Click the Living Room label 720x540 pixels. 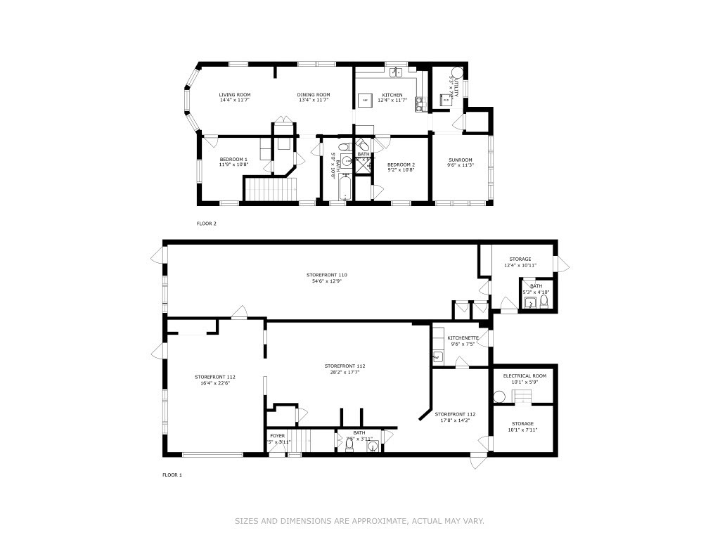[234, 95]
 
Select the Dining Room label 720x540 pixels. [313, 95]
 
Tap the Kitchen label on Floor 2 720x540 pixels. [392, 95]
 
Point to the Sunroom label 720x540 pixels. [461, 160]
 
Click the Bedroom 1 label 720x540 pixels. [233, 160]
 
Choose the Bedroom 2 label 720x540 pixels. [401, 165]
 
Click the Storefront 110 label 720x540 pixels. [326, 274]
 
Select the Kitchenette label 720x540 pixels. [463, 338]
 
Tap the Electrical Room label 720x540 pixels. [525, 375]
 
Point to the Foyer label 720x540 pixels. [277, 436]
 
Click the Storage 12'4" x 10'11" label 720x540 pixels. [520, 259]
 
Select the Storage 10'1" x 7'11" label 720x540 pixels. [522, 424]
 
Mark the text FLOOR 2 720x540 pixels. [206, 224]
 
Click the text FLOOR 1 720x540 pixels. [172, 475]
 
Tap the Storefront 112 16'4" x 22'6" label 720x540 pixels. [214, 377]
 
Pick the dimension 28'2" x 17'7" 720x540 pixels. [345, 373]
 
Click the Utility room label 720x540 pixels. [455, 87]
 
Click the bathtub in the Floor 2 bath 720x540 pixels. [345, 188]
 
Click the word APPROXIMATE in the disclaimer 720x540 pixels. [375, 521]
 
